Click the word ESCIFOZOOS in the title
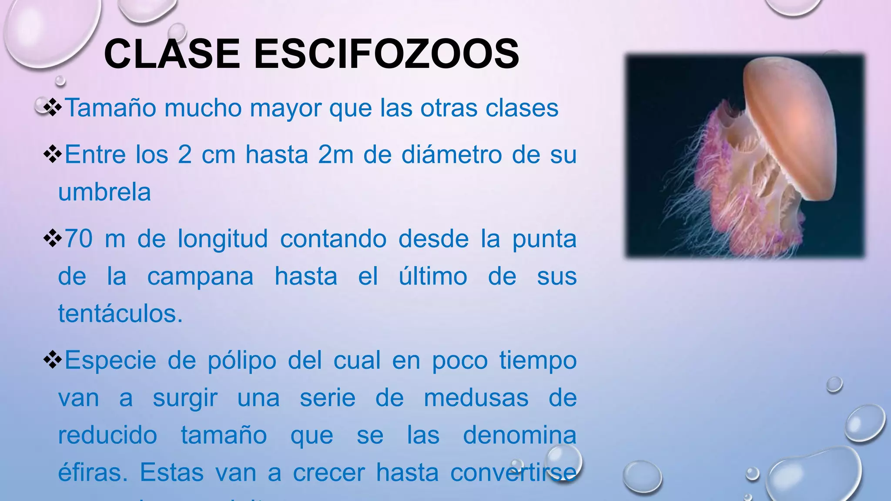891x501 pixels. tap(386, 54)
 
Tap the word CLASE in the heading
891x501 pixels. tap(172, 54)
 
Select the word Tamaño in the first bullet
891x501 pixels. tap(111, 108)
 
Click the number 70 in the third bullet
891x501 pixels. tap(79, 239)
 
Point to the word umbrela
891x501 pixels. tap(104, 192)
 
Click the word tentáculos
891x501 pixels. tap(120, 313)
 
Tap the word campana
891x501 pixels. tap(200, 277)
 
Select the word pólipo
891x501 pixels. tap(242, 361)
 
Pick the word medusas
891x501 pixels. tap(476, 398)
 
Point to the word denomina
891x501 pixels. tap(519, 435)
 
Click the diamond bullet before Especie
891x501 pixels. tap(53, 361)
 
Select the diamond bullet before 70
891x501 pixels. tap(53, 239)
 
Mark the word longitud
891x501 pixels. tap(222, 240)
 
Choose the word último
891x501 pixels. tap(433, 276)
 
